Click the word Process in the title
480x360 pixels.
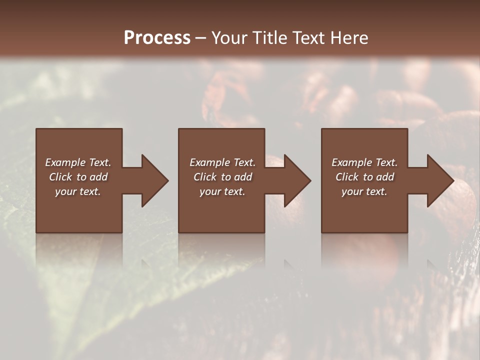point(157,38)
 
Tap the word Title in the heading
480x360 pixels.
point(270,38)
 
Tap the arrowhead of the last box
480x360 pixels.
point(439,180)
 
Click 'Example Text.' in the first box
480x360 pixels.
point(78,162)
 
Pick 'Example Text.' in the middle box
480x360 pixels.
point(222,162)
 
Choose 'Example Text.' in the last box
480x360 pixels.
point(364,162)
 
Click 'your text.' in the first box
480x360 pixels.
point(78,191)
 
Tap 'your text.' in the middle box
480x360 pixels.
point(222,191)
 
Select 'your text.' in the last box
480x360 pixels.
point(364,191)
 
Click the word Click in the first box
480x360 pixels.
point(60,177)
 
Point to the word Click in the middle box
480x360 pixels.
point(205,177)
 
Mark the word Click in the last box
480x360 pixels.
point(347,177)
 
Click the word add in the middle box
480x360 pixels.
point(242,177)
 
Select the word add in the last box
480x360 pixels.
point(384,177)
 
